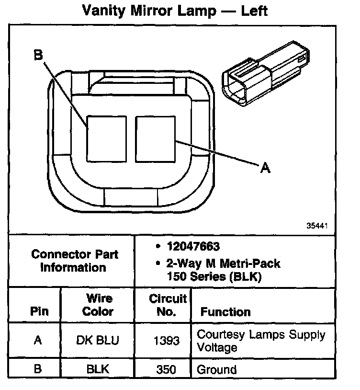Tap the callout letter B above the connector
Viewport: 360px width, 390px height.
(x=38, y=56)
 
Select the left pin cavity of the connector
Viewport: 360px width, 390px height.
(x=106, y=138)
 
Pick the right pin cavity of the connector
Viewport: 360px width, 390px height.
(x=156, y=138)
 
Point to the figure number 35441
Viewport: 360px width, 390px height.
(x=317, y=226)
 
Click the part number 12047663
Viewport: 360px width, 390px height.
(x=193, y=247)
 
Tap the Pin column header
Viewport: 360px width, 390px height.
(x=39, y=311)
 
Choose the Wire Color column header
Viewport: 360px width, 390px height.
(x=98, y=305)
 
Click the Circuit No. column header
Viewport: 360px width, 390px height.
(x=167, y=305)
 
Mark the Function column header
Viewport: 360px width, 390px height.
(x=225, y=312)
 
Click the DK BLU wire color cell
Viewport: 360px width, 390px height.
(x=98, y=341)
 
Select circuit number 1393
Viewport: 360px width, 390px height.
(x=167, y=341)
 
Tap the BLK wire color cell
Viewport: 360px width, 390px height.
(x=98, y=369)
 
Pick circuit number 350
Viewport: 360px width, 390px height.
(x=167, y=369)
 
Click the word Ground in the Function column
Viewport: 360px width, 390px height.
(x=217, y=369)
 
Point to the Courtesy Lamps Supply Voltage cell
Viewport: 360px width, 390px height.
(x=261, y=341)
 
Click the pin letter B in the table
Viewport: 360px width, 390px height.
(x=38, y=369)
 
